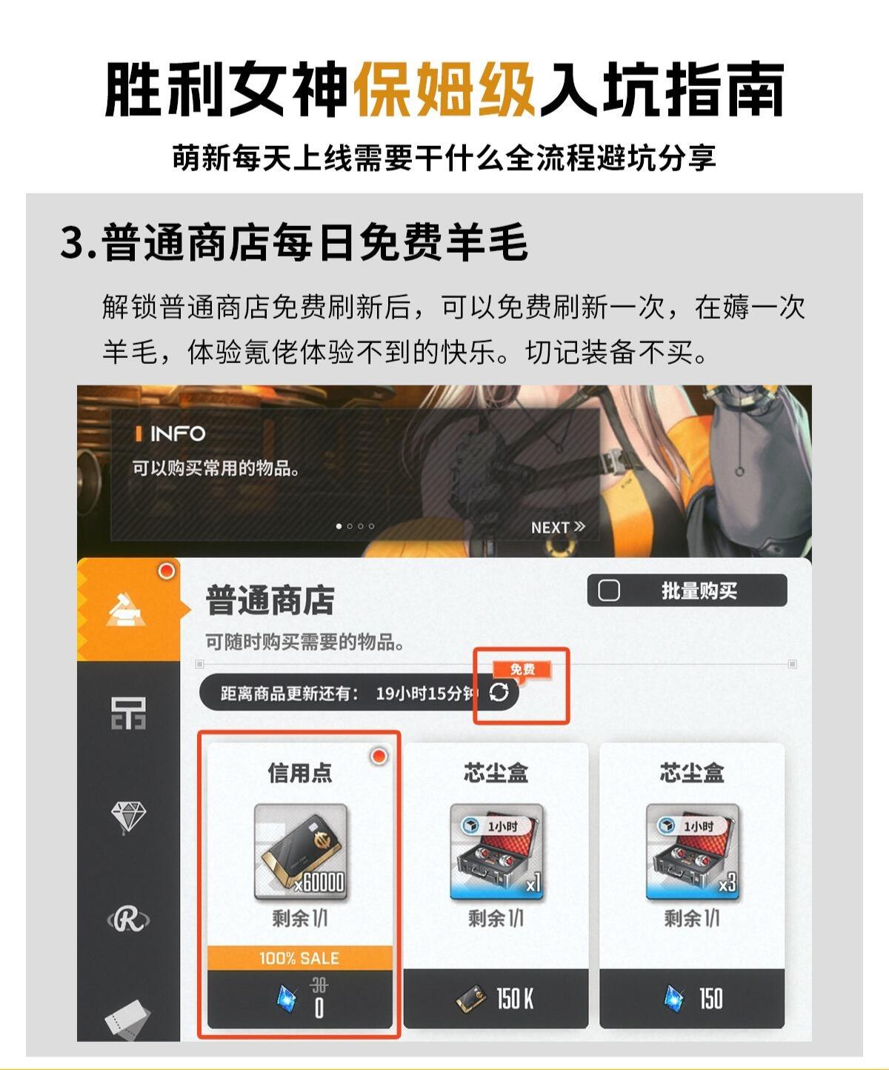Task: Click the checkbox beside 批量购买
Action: [609, 591]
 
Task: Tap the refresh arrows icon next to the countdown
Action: [499, 692]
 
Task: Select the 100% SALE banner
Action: [300, 958]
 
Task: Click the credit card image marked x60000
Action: [301, 851]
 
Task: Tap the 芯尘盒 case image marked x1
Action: [496, 851]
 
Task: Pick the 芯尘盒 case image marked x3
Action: [692, 851]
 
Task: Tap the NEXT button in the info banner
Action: [558, 528]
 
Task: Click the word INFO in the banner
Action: [178, 434]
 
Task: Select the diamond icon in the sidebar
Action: [129, 817]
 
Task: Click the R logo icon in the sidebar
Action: [129, 920]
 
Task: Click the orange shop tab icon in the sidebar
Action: [125, 610]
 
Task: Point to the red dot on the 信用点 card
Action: [379, 756]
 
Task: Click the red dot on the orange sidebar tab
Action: [167, 571]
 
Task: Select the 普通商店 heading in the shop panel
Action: [270, 600]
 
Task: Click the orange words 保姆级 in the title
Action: [444, 89]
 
